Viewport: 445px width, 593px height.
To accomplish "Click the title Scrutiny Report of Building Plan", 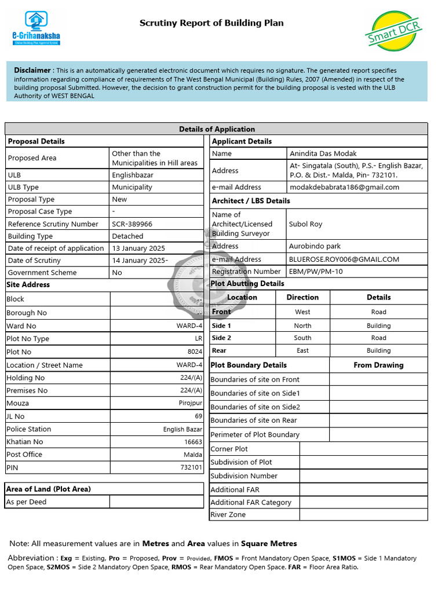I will (211, 23).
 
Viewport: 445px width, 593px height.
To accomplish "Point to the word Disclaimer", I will (32, 70).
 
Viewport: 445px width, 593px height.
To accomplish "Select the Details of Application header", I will (217, 129).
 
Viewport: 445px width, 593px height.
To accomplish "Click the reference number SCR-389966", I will (133, 224).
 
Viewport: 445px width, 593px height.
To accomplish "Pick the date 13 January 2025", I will (138, 248).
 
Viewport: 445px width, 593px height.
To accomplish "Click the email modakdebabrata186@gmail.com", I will (344, 187).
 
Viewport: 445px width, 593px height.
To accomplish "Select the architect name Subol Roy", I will (305, 224).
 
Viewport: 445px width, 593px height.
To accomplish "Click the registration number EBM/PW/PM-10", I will (316, 271).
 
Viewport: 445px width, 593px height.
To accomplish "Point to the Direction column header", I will (302, 297).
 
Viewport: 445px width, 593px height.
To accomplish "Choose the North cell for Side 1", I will (302, 326).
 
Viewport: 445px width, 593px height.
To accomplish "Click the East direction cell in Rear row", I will (302, 350).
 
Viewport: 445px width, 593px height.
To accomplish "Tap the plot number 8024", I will (195, 352).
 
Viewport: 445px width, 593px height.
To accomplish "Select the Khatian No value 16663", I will (193, 442).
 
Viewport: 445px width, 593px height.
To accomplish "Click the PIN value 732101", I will (191, 467).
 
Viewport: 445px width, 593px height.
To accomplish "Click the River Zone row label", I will (228, 514).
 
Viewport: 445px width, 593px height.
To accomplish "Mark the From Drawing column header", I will (378, 365).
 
